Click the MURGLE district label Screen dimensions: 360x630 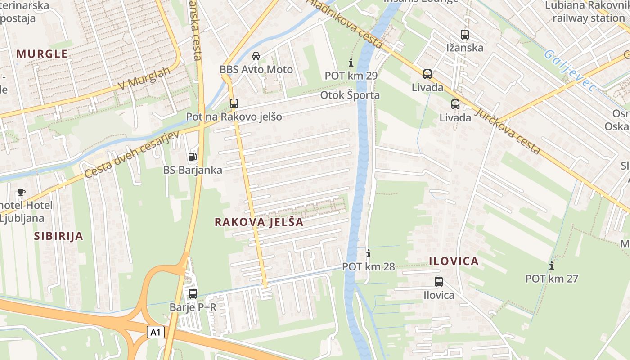click(42, 54)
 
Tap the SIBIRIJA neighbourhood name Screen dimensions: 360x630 click(59, 236)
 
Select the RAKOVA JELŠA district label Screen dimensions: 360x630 click(259, 222)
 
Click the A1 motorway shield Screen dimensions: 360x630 click(155, 333)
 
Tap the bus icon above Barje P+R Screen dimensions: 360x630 click(193, 294)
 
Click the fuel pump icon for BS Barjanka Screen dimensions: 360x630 click(193, 157)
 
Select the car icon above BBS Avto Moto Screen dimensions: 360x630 click(256, 56)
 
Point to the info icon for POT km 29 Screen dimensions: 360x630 click(351, 63)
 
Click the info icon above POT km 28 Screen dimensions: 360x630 click(368, 253)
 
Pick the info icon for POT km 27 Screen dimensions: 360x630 click(552, 265)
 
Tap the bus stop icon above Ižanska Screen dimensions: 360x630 click(465, 34)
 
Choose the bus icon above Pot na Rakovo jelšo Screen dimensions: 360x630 click(234, 103)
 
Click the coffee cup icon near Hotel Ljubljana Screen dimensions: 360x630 click(21, 192)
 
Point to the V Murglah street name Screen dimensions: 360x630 click(144, 79)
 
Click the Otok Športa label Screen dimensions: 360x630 click(350, 95)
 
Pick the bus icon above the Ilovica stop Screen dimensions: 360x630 click(439, 282)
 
